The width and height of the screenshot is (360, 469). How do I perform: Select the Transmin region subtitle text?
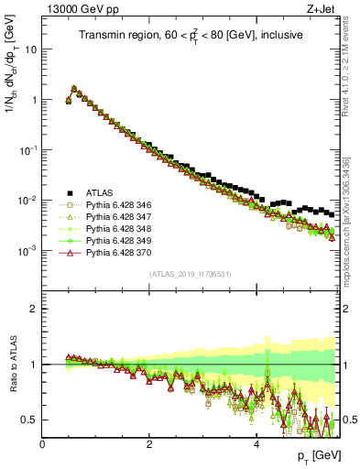coord(190,38)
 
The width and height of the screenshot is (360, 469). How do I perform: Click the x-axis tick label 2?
coord(149,444)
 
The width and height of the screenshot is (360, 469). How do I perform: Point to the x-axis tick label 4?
coord(256,444)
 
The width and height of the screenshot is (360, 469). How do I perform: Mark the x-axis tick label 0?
coord(42,444)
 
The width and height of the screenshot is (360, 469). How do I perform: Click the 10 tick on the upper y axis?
coord(29,49)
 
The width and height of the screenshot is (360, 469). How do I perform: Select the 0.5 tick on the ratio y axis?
coord(27,420)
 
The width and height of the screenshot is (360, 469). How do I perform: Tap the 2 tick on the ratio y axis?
coord(33,309)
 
